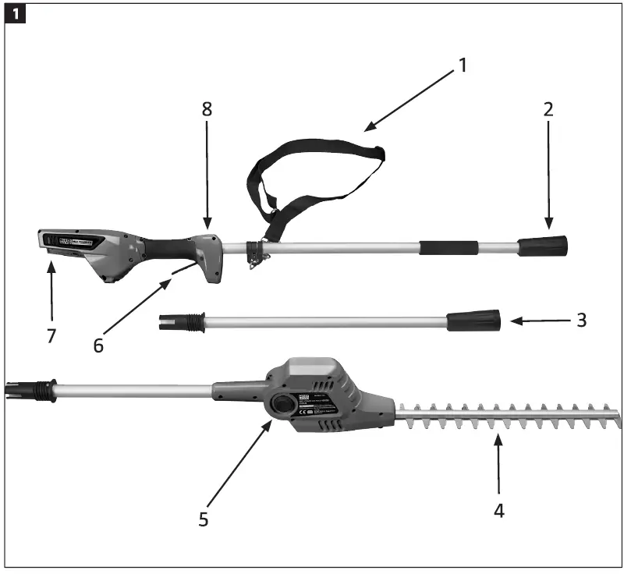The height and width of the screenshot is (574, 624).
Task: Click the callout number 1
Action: click(x=463, y=65)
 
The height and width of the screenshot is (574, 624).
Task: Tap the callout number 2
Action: click(x=548, y=109)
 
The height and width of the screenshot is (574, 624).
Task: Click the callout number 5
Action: click(x=204, y=519)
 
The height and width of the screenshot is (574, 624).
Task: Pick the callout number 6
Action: click(x=98, y=345)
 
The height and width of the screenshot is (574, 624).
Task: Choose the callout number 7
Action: click(x=51, y=335)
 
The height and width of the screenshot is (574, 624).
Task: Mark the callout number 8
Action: click(x=207, y=109)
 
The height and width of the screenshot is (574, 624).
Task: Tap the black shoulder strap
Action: click(x=312, y=160)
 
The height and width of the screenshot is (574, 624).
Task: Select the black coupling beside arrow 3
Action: click(x=473, y=320)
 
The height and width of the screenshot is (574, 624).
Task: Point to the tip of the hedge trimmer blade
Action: click(x=619, y=418)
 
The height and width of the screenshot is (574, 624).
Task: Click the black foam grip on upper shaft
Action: click(x=449, y=248)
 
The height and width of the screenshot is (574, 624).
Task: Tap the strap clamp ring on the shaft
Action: click(x=253, y=251)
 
